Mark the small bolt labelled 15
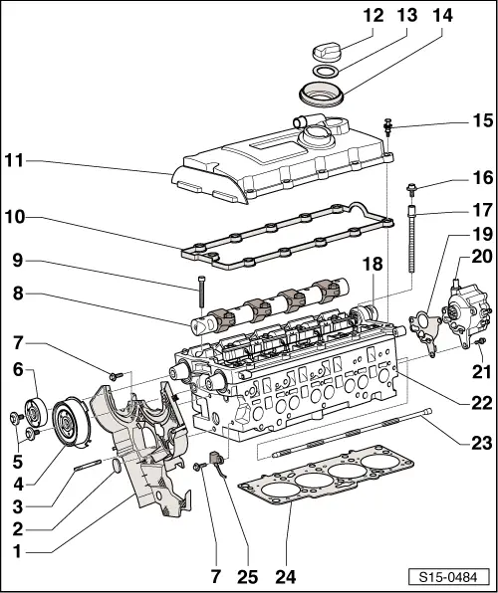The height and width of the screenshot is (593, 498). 388,127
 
